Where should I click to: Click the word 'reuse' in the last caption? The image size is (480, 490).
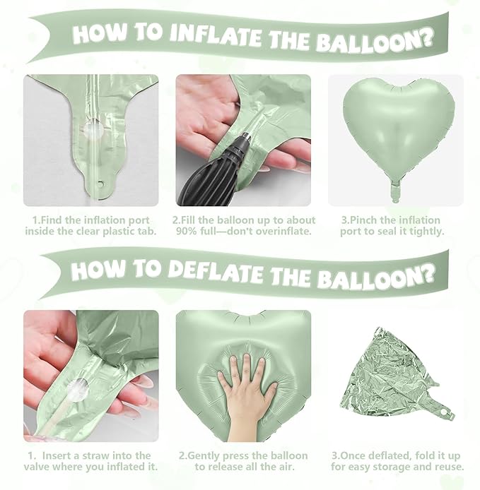pyautogui.click(x=447, y=467)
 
